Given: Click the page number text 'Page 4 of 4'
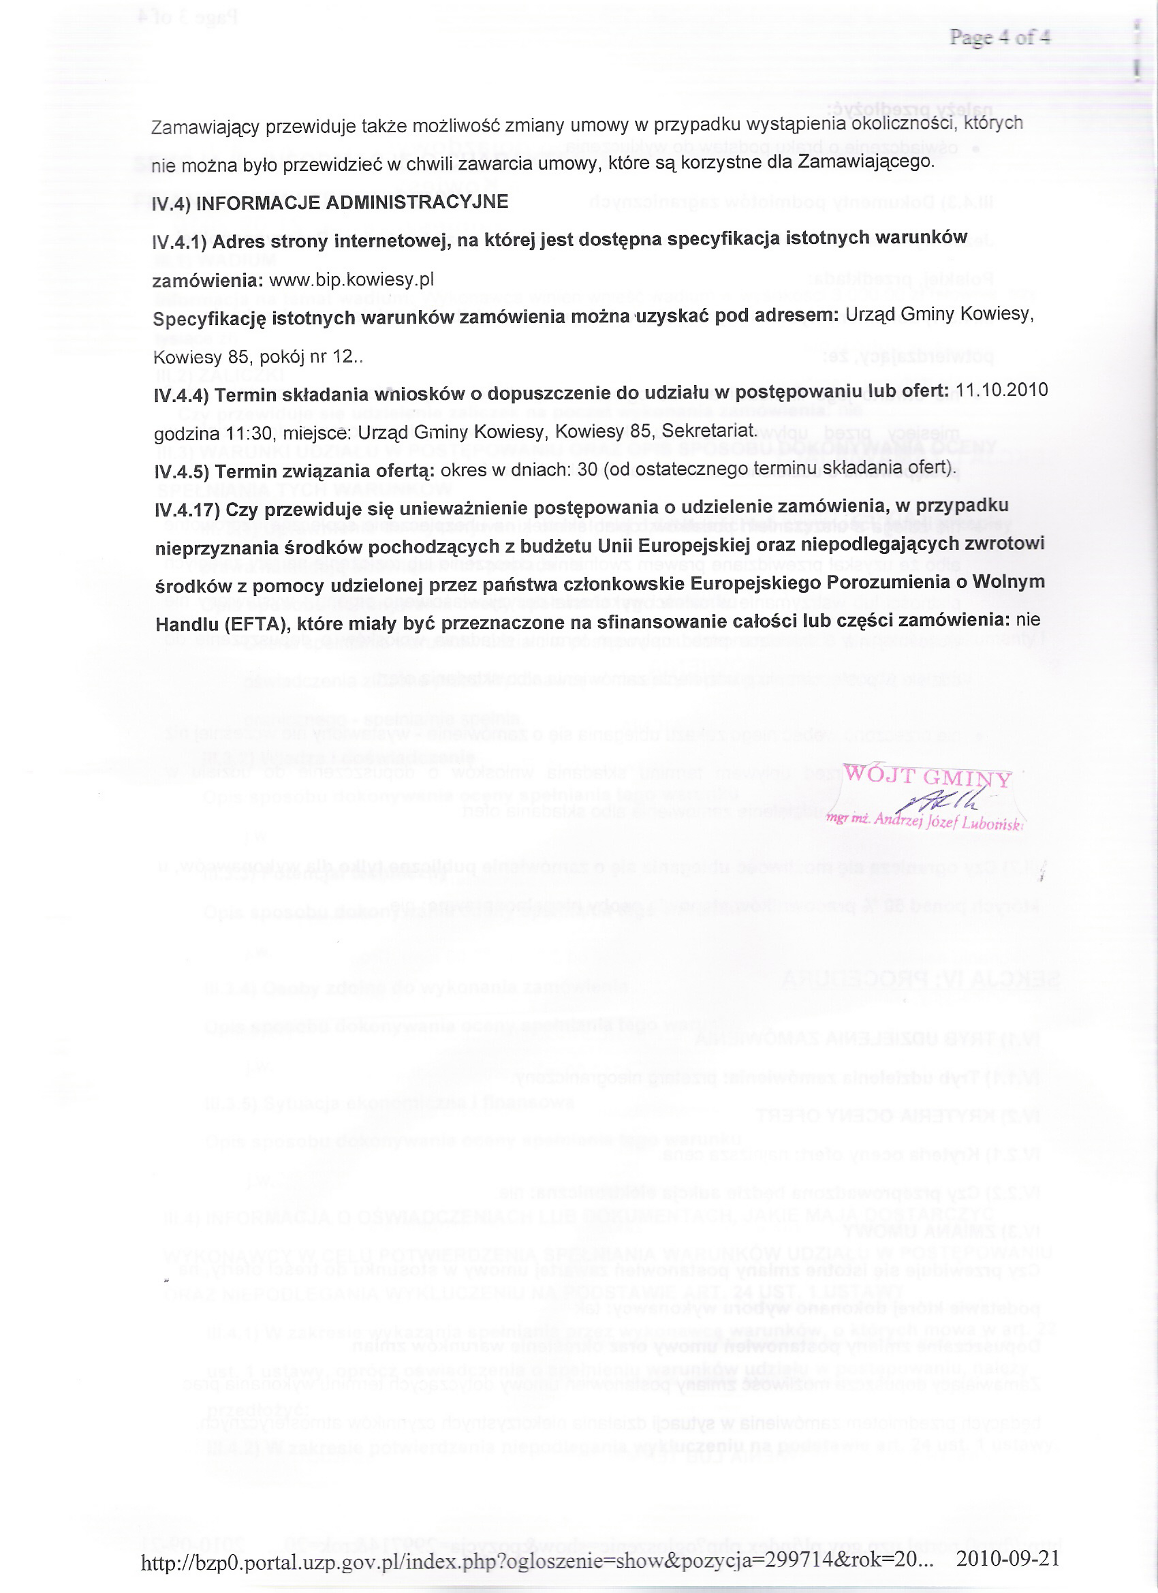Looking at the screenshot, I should [999, 37].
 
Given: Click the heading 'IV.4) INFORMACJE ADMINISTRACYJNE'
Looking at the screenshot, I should [330, 203].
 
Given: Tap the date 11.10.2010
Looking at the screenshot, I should [1002, 390].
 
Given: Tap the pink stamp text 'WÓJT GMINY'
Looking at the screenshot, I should [927, 776].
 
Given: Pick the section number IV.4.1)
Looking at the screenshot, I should [180, 243].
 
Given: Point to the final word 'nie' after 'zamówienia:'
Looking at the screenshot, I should [1028, 620].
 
